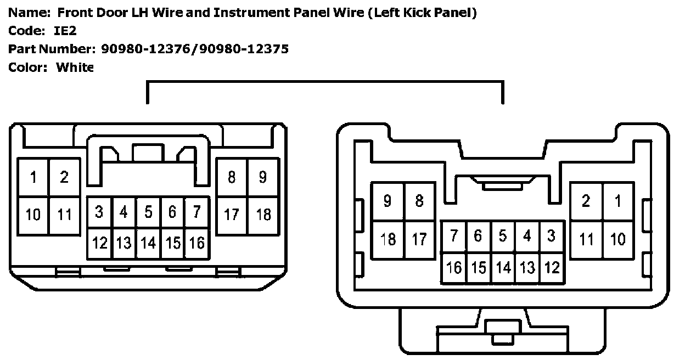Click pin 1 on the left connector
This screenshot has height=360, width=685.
(33, 177)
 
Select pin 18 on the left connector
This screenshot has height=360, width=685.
(263, 215)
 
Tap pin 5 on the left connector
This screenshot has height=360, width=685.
(148, 212)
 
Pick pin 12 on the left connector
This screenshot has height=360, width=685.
(100, 243)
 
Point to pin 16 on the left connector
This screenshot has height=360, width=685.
(197, 243)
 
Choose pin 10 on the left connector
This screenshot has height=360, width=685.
(33, 215)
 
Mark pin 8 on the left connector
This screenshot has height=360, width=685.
(232, 177)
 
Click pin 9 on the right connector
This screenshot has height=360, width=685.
(388, 201)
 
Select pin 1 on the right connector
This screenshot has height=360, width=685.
(618, 201)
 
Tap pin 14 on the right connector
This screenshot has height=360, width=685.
(503, 267)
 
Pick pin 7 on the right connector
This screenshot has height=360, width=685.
(454, 236)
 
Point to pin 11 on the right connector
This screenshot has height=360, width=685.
(586, 239)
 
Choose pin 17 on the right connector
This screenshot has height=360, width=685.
(419, 239)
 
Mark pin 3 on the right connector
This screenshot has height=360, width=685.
(551, 236)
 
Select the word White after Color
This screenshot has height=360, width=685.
(75, 67)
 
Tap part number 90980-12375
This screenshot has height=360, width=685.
(244, 49)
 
